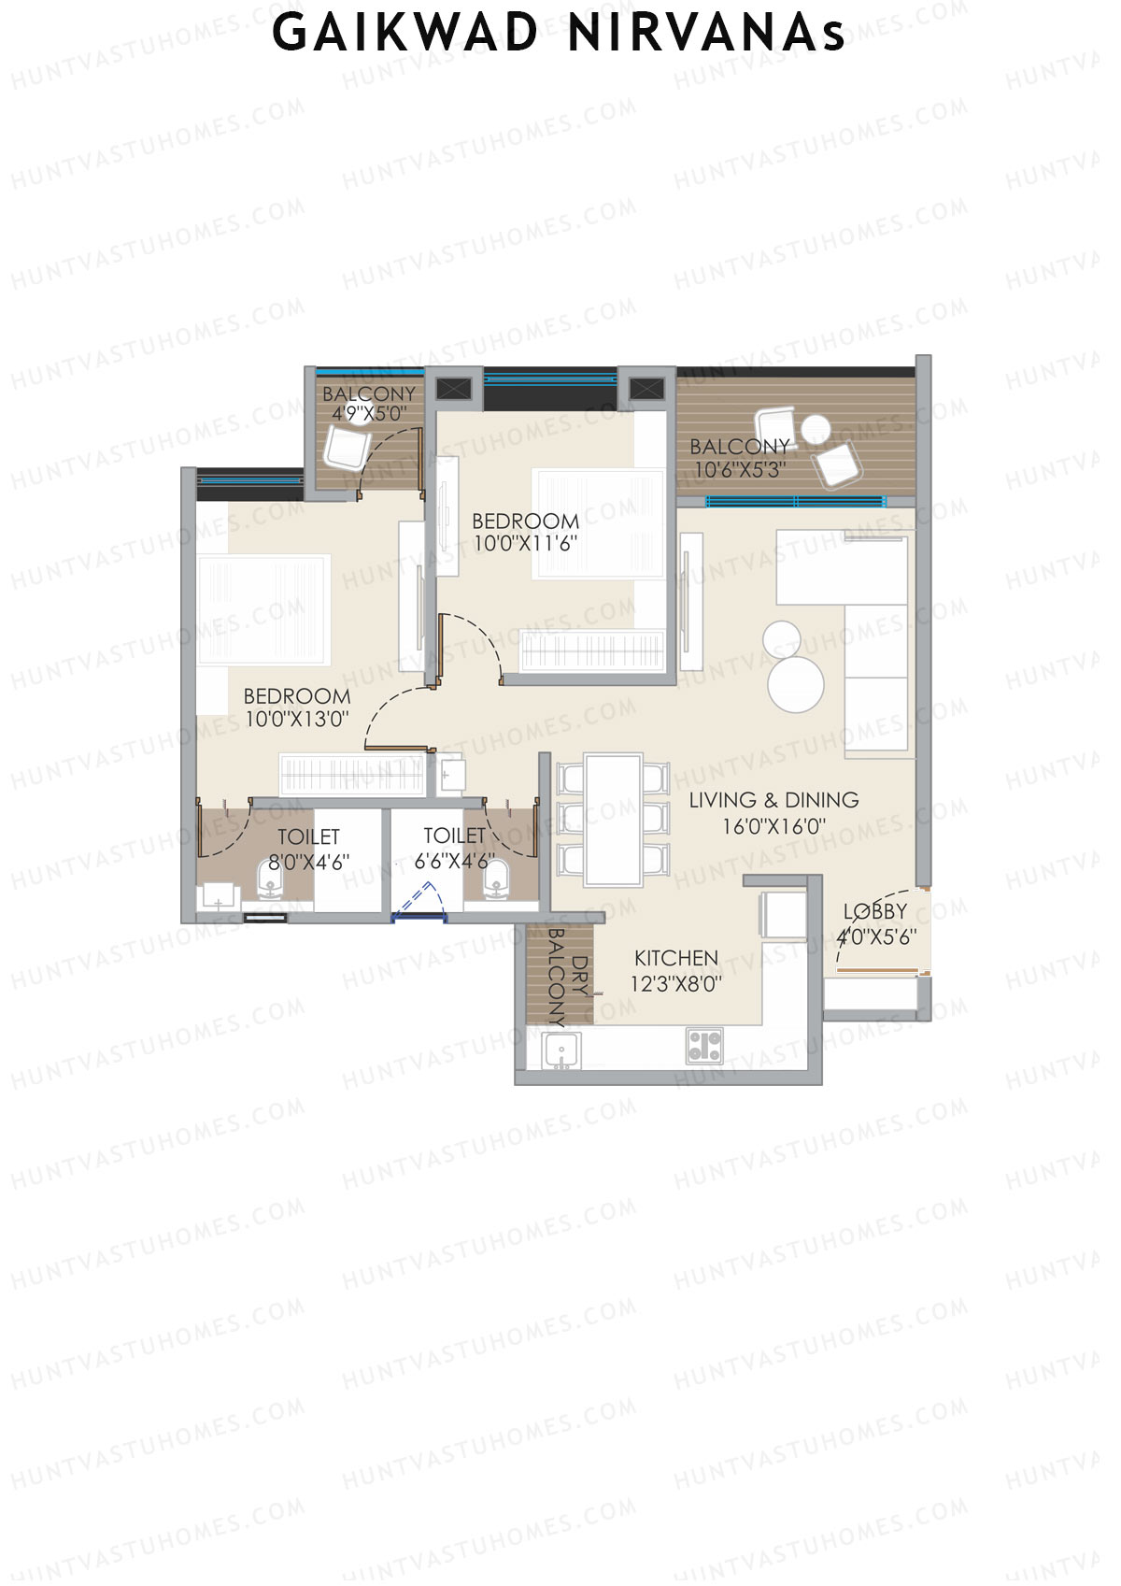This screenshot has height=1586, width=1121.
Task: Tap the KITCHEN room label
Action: tap(676, 959)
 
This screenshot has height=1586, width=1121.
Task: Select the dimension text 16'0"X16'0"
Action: tap(774, 827)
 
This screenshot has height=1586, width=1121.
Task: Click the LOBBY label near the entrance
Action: tap(875, 911)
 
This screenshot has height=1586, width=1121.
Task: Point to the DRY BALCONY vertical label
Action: tap(567, 976)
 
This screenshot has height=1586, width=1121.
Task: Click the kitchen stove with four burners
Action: tap(704, 1046)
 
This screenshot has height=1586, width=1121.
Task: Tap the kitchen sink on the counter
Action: tap(560, 1050)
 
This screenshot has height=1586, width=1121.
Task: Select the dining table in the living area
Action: tap(613, 820)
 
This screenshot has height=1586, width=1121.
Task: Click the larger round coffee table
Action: tap(796, 684)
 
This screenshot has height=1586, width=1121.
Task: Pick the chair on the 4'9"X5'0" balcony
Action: tap(346, 448)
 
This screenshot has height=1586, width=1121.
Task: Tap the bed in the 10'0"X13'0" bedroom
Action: tap(263, 610)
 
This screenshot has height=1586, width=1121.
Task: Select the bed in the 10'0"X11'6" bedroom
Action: tap(598, 523)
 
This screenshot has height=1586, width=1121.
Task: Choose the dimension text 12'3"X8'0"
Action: tap(676, 984)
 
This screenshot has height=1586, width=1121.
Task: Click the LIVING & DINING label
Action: tap(774, 801)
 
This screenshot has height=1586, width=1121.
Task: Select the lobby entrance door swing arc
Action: tap(850, 925)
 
